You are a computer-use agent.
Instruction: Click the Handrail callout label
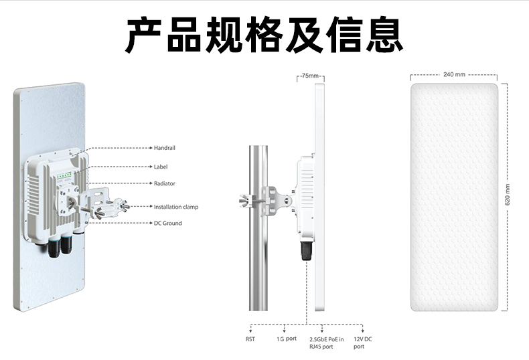click(164, 148)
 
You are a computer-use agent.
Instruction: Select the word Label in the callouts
click(161, 167)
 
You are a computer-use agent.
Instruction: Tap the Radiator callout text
click(164, 183)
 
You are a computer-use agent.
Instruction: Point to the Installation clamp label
click(176, 207)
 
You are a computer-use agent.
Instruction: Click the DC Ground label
click(167, 223)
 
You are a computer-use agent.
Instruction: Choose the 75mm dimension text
click(310, 76)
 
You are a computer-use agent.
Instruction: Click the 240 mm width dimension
click(454, 74)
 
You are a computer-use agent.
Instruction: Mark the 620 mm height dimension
click(508, 195)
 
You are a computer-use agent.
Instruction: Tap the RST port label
click(250, 339)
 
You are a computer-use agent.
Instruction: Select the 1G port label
click(287, 339)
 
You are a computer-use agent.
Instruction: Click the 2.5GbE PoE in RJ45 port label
click(327, 343)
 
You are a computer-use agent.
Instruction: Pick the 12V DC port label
click(363, 343)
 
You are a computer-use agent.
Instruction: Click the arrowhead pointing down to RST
click(250, 331)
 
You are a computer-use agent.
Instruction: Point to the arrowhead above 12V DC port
click(362, 331)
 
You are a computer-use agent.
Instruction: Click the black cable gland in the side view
click(306, 251)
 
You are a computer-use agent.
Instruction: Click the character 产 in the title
click(144, 35)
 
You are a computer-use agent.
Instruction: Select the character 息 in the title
click(384, 35)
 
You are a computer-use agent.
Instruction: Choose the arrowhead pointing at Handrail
click(151, 148)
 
